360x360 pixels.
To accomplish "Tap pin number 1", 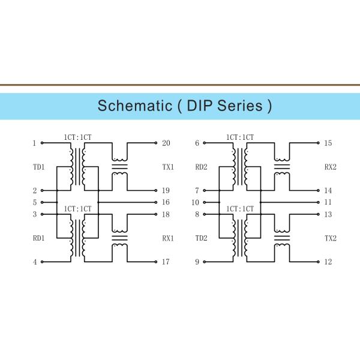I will pos(35,143).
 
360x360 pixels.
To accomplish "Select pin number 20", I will pos(166,143).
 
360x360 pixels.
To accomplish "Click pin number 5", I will pos(35,203).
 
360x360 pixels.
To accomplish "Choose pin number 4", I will pos(35,262).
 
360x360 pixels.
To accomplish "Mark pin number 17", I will pos(166,262).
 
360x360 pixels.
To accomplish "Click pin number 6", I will pos(197,143).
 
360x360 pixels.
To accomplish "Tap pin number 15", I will pos(328,143).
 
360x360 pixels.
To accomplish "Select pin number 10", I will pos(195,203).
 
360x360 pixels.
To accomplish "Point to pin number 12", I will pos(328,262).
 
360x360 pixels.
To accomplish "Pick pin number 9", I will pos(197,262).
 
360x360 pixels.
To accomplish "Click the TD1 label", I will pos(38,167).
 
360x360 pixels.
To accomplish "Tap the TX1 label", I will pos(168,167).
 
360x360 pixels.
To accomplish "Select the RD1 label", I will pos(38,238).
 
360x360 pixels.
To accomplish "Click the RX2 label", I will pos(330,167).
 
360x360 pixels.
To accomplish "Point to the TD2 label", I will pos(201,238).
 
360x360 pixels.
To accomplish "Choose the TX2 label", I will pos(330,238).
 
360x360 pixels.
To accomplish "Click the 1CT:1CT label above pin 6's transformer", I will pos(240,137).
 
